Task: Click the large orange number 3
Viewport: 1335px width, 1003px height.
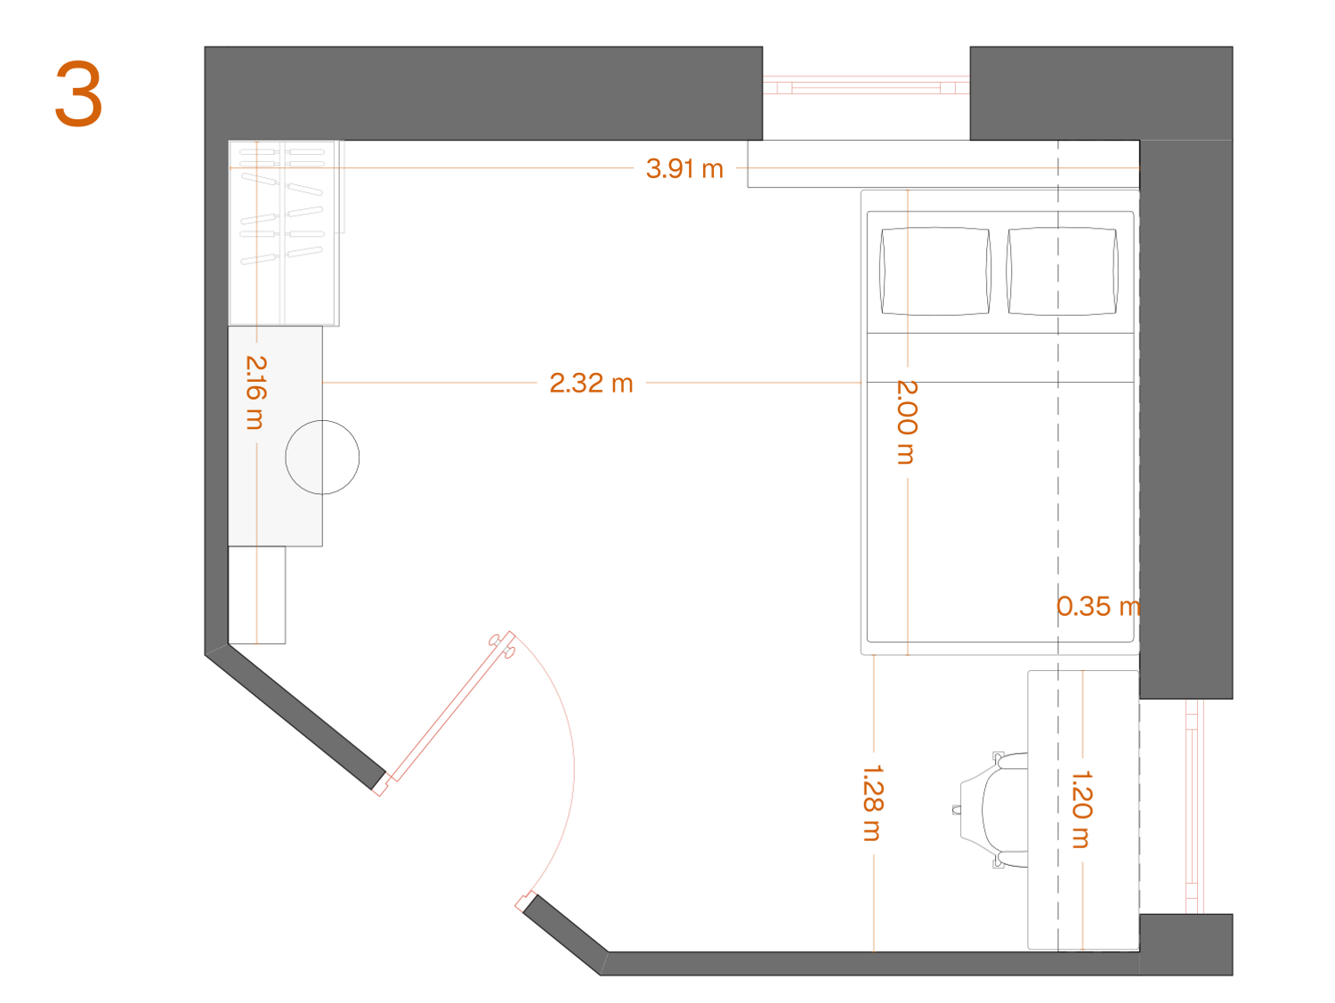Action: tap(78, 93)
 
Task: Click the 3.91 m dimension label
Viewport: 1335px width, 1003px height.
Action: tap(684, 168)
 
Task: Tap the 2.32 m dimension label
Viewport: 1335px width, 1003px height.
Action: tap(591, 384)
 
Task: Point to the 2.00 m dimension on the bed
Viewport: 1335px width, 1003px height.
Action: tap(907, 422)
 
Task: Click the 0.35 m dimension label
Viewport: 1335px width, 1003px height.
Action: tap(1097, 606)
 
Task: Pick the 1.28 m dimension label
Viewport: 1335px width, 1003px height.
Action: tap(873, 803)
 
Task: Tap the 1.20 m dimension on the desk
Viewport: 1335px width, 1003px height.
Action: tap(1082, 809)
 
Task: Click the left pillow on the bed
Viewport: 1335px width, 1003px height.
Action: tap(935, 271)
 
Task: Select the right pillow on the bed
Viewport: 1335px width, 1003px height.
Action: tap(1062, 271)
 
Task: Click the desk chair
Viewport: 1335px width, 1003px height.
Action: tap(991, 810)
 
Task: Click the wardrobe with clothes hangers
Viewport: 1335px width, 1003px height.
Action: tap(284, 233)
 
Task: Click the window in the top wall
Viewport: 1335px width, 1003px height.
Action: tap(866, 85)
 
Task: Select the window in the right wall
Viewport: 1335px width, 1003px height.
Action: tap(1192, 806)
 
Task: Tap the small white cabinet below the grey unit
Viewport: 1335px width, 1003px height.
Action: tap(256, 595)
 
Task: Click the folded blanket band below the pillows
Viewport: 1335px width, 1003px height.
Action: tap(999, 358)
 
